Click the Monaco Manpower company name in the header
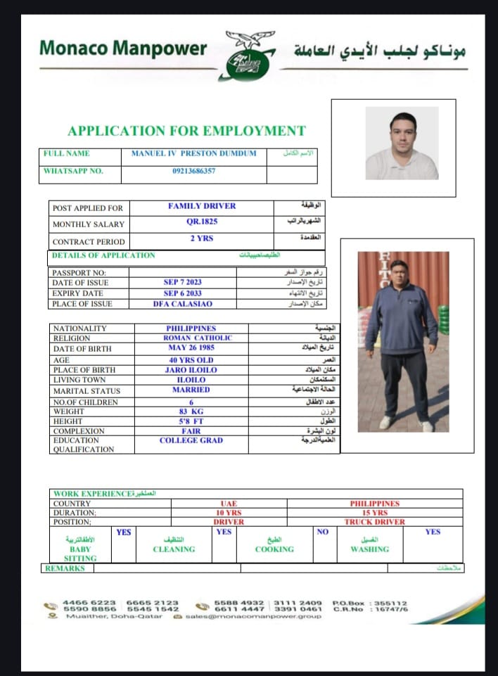(x=123, y=49)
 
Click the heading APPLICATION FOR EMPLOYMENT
(x=186, y=131)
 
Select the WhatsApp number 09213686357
(x=193, y=171)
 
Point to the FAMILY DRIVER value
(x=202, y=206)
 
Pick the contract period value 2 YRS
(x=202, y=238)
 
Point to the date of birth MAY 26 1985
(x=191, y=347)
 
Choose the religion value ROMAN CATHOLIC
(x=192, y=338)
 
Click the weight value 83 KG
(x=191, y=411)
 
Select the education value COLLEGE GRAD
(x=191, y=440)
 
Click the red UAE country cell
(x=228, y=504)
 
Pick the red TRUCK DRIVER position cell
(x=374, y=522)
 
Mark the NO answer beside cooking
(x=322, y=532)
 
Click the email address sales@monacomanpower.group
(x=254, y=616)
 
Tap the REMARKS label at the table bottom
(x=65, y=568)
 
